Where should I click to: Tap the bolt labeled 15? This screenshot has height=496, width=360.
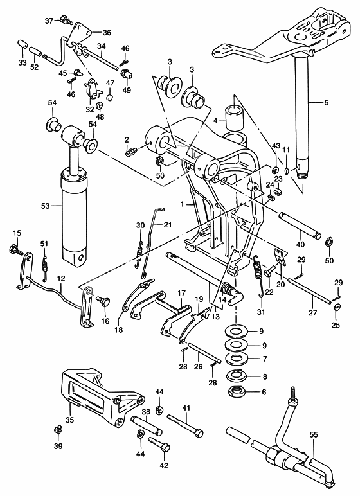click(x=16, y=247)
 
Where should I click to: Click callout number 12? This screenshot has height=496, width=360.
click(x=61, y=279)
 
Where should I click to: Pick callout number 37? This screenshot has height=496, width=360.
click(x=50, y=21)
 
